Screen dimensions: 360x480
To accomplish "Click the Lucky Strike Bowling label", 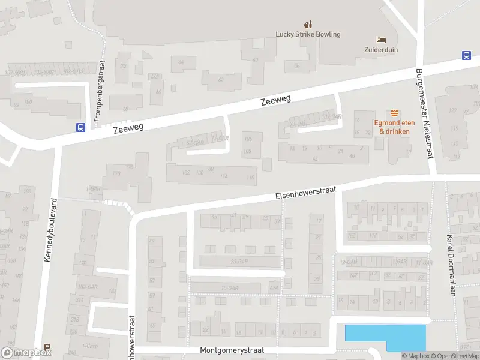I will tap(308, 34).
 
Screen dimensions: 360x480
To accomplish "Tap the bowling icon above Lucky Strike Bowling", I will tap(308, 25).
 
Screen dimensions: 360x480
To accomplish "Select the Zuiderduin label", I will tap(380, 50).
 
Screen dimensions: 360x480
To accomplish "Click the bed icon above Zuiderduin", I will tap(380, 40).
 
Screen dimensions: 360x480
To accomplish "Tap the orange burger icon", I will tap(394, 113).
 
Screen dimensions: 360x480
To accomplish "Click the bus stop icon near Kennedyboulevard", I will tap(80, 127).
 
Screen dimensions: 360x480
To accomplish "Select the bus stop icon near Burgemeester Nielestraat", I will tap(466, 55).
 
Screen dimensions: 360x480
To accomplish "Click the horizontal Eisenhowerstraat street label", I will tap(306, 193).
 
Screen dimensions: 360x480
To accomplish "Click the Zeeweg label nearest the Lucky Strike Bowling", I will tap(275, 101).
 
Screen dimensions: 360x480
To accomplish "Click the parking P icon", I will tap(47, 347).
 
